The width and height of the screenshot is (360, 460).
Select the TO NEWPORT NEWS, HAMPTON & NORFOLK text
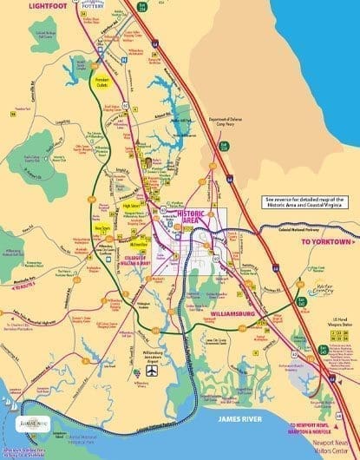point(311,427)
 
